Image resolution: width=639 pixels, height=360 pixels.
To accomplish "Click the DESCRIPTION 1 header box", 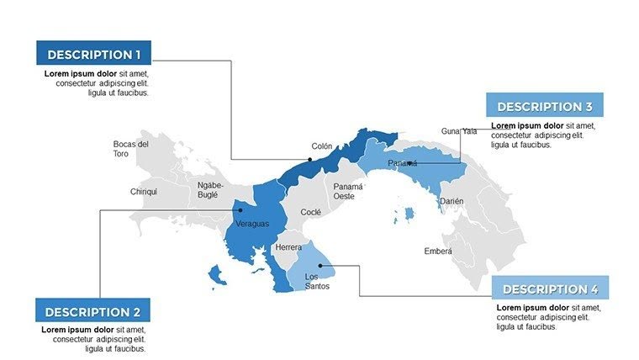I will click(93, 54).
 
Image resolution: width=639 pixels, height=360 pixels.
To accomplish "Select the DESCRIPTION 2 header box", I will click(93, 310).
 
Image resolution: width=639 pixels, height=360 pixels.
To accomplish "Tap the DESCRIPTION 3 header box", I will click(544, 106).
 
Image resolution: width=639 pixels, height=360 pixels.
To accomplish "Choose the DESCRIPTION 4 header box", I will click(550, 289).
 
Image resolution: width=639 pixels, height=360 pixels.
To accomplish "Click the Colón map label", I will click(322, 146).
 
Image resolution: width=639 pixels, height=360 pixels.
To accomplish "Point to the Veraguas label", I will click(252, 224).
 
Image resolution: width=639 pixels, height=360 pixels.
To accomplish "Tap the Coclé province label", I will click(310, 212).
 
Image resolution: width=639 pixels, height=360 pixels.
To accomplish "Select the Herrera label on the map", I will click(288, 247).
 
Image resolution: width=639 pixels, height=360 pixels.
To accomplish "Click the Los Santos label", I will click(317, 281).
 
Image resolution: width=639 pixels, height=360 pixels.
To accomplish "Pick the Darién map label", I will click(452, 201).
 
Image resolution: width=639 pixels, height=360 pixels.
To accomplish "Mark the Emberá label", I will click(438, 251).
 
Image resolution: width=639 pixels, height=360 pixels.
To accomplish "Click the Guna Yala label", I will click(459, 131).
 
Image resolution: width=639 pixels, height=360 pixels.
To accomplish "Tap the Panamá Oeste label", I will click(347, 191).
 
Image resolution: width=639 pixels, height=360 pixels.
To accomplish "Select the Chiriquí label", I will click(144, 192).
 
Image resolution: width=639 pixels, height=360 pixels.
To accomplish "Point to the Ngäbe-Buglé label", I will click(208, 189).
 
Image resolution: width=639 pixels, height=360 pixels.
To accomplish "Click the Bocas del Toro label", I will click(131, 149).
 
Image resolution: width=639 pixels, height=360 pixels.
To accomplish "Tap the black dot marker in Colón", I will click(310, 159).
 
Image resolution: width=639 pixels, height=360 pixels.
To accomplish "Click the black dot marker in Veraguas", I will click(240, 209).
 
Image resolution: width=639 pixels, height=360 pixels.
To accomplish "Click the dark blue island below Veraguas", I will click(217, 274).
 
